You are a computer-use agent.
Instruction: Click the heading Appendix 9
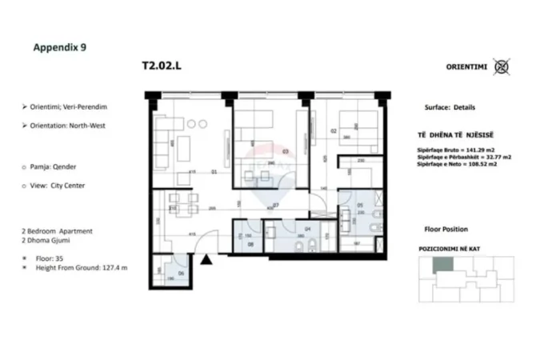(59, 47)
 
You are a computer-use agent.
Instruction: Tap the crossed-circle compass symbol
(502, 66)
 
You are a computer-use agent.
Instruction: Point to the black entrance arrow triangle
(207, 258)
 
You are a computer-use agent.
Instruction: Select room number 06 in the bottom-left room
(181, 274)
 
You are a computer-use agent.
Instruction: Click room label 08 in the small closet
(250, 246)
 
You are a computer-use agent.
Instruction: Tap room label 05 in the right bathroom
(360, 206)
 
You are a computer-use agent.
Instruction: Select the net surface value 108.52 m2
(478, 166)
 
